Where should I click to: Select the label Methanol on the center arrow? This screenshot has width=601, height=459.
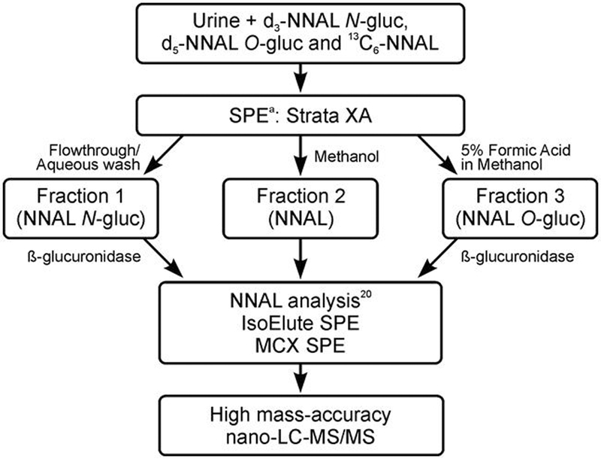click(346, 159)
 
